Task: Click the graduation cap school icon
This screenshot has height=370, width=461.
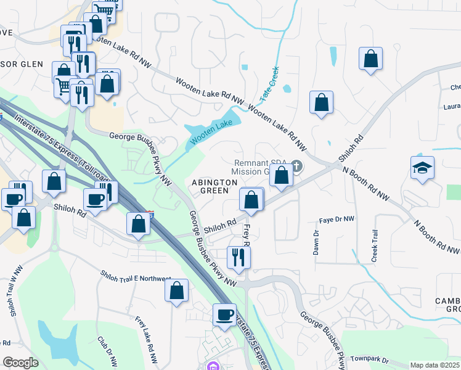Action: click(x=422, y=168)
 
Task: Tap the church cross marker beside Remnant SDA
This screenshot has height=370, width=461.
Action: click(x=296, y=166)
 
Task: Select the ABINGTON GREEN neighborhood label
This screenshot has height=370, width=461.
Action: click(x=214, y=187)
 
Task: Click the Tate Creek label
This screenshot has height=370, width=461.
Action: click(x=269, y=84)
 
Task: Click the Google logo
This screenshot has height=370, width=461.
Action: click(x=20, y=362)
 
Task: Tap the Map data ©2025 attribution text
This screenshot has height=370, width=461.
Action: click(x=435, y=365)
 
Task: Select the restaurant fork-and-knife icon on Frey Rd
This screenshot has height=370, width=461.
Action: click(x=238, y=256)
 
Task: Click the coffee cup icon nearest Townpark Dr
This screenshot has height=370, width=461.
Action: click(x=224, y=314)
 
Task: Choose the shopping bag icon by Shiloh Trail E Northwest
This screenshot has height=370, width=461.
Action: click(x=176, y=290)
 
